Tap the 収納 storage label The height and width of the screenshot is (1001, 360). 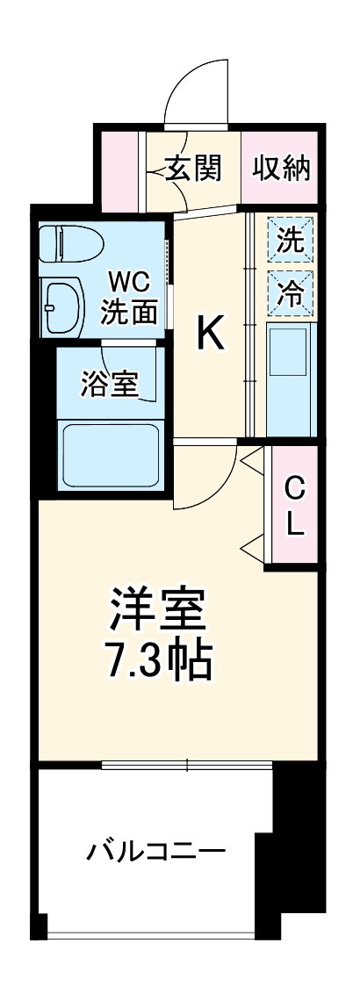point(281,168)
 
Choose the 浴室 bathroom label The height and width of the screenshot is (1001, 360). point(110,385)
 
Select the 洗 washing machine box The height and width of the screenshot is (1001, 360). point(291,240)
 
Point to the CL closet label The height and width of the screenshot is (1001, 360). point(294,507)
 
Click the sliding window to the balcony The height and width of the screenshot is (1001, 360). point(187,765)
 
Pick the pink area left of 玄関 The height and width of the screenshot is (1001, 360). point(119,169)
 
